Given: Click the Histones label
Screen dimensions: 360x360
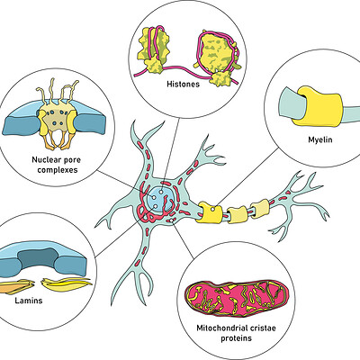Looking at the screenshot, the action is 183,84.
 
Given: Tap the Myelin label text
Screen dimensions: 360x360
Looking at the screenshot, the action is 320,139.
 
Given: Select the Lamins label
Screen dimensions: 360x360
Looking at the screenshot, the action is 29,301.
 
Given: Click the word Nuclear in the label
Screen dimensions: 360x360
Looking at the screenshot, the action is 46,159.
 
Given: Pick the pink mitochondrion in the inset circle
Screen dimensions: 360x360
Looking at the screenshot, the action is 237,298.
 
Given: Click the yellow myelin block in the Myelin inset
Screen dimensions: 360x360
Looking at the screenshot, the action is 319,106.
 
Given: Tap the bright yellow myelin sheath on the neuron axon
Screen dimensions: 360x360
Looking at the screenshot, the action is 209,212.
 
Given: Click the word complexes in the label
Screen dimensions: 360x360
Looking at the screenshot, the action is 58,170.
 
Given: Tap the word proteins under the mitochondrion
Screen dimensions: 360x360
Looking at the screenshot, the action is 237,338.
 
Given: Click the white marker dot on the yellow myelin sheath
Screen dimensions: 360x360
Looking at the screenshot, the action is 212,209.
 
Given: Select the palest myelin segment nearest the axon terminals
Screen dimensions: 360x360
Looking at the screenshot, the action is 260,208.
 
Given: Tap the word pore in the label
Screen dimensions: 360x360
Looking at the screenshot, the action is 72,160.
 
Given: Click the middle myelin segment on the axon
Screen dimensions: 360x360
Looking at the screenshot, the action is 237,214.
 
